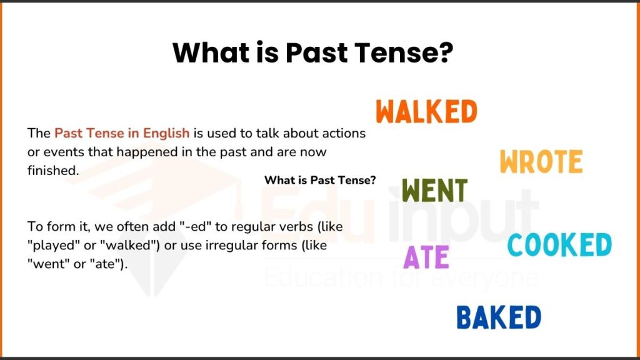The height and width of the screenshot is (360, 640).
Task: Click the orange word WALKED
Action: pos(427,112)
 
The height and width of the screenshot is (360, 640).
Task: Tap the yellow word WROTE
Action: pos(541,162)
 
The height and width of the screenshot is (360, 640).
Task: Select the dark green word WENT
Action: pos(434,191)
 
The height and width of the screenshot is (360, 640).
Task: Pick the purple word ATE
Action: pos(426,257)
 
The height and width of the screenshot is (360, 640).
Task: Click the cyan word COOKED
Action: pos(559,244)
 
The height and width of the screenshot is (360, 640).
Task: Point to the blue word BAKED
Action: pos(498,317)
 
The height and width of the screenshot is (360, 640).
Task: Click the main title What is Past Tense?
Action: pos(312,53)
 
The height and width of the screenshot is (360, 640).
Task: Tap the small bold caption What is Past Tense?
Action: pos(320,180)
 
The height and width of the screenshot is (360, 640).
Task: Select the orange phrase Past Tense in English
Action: pos(122,133)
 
